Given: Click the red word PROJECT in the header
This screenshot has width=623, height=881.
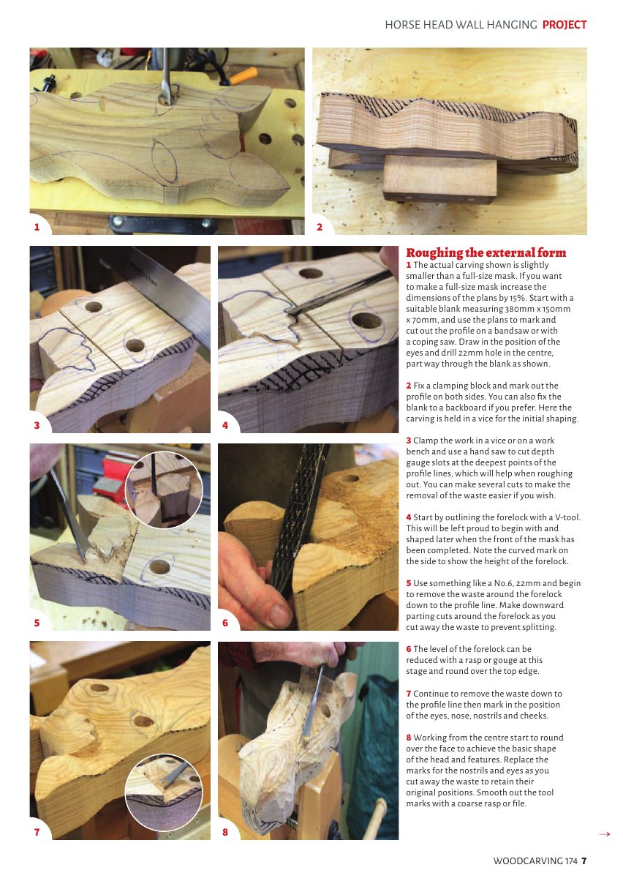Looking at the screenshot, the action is tap(564, 25).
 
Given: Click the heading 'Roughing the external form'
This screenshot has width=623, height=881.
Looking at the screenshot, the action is tap(486, 252).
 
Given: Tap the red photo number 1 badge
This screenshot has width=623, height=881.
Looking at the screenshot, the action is tap(37, 227).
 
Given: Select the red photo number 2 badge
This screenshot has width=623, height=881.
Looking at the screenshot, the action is tap(320, 227).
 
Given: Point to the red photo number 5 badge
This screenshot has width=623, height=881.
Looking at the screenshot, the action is tap(37, 623).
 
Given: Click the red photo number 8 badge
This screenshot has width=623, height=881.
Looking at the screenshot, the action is tap(225, 832).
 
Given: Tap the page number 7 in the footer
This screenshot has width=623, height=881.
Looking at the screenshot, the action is tap(584, 861).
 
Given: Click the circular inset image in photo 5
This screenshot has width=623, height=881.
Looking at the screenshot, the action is tap(164, 490).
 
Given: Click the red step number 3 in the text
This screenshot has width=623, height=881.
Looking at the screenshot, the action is tap(409, 440).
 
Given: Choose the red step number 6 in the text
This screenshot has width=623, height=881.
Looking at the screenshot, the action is tap(409, 649).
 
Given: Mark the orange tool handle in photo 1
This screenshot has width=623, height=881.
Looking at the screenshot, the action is tap(243, 76).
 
